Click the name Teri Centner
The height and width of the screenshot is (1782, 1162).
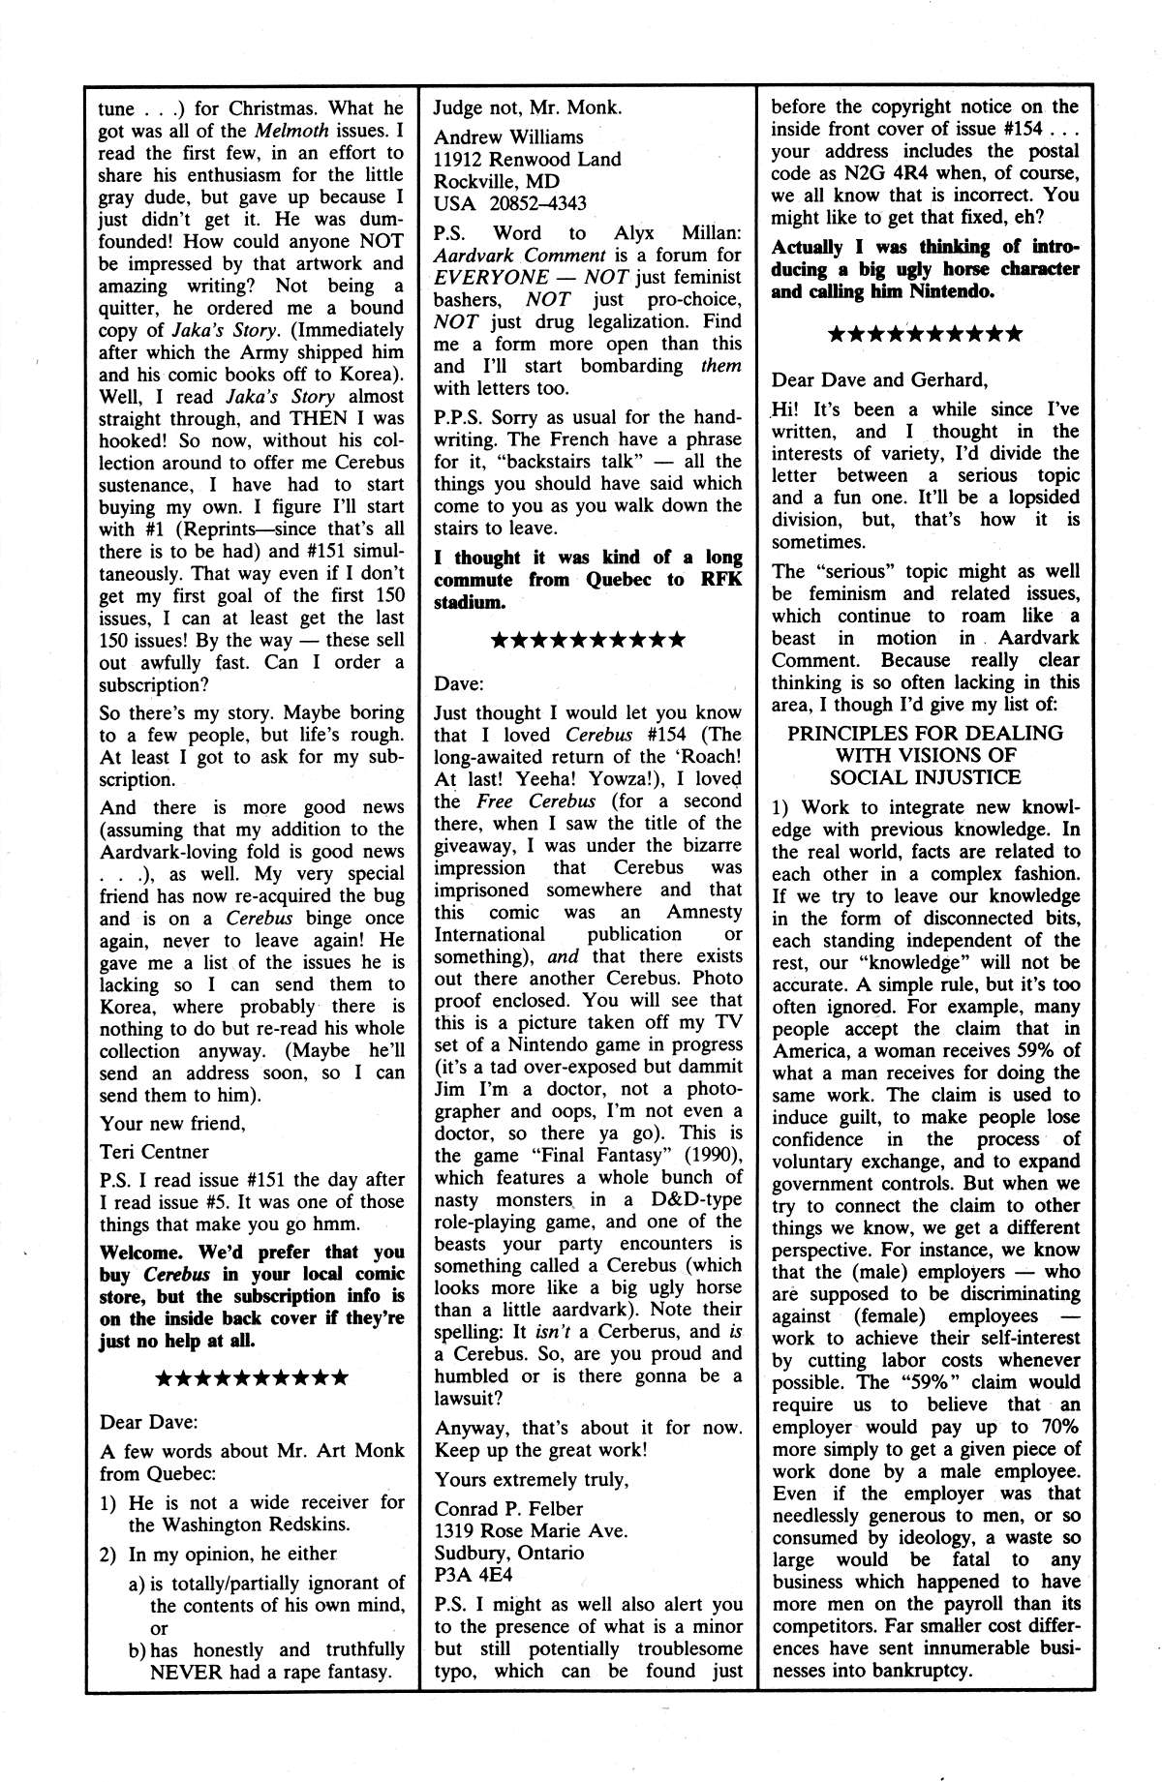pos(153,1152)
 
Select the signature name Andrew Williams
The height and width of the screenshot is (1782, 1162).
pos(508,137)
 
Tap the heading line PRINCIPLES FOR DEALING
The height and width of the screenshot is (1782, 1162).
pos(925,733)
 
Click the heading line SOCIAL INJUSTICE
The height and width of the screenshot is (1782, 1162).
pos(925,777)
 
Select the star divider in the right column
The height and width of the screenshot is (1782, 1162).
pos(925,335)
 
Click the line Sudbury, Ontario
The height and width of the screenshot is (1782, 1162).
pos(508,1553)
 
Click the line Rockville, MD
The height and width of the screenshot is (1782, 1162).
pos(496,182)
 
